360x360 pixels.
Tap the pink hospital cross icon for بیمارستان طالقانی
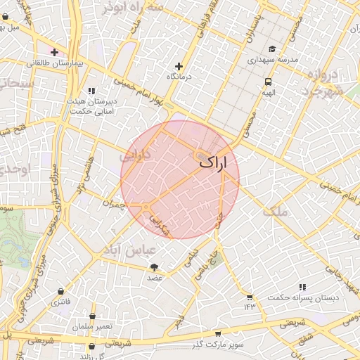pos(55,52)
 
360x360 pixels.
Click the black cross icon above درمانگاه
pos(179,65)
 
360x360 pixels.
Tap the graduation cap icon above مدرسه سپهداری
pos(272,49)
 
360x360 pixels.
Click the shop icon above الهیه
pos(268,80)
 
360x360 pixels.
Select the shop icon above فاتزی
pos(61,291)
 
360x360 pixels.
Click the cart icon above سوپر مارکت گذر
pos(217,333)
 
